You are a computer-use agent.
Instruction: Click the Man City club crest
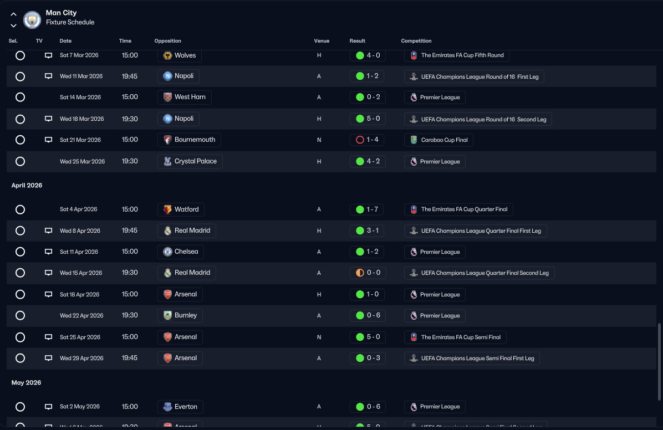[33, 20]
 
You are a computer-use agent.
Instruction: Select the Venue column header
[322, 41]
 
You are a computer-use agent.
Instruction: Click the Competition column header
[416, 41]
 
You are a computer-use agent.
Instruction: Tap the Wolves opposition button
[180, 55]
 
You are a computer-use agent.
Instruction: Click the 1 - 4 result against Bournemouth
[367, 140]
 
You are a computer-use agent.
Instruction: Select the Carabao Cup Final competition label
[438, 140]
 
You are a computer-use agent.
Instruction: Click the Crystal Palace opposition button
[190, 161]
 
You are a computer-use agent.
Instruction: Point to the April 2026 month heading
[27, 186]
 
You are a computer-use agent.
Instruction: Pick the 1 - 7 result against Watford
[367, 209]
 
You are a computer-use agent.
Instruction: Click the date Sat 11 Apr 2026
[79, 252]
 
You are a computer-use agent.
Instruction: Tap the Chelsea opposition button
[180, 252]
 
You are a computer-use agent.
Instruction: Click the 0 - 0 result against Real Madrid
[367, 273]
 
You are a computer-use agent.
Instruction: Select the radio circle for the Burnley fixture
[20, 315]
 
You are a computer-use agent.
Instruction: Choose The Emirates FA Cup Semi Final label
[455, 337]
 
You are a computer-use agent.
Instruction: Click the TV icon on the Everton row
[48, 407]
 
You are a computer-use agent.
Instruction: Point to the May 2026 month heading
[26, 383]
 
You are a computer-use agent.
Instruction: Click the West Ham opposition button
[184, 97]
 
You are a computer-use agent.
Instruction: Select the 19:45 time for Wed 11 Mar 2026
[130, 76]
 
